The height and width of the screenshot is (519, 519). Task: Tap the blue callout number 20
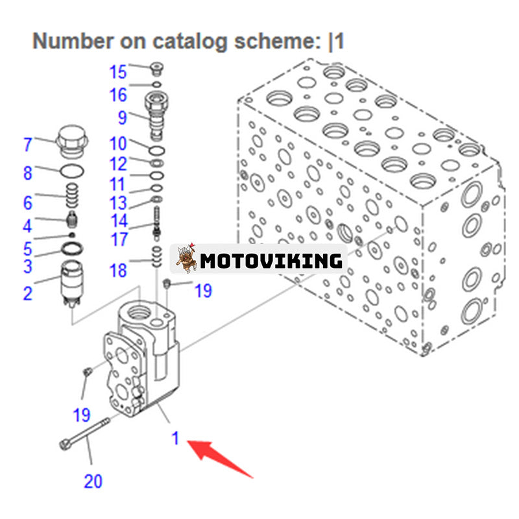(x=93, y=481)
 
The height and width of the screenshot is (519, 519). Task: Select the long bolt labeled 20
(x=84, y=432)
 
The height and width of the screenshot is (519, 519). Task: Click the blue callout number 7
(x=27, y=144)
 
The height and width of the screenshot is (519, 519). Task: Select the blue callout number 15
(x=118, y=71)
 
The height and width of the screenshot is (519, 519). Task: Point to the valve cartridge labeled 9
(x=156, y=117)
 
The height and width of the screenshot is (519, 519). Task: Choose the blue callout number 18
(x=118, y=269)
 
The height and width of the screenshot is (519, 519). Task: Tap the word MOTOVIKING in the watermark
(x=271, y=261)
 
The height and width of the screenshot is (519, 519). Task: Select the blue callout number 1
(x=175, y=439)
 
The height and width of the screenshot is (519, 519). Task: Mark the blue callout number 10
(x=118, y=144)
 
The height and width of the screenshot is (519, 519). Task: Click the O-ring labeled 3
(x=71, y=249)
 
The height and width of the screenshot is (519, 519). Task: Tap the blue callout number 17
(x=119, y=239)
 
